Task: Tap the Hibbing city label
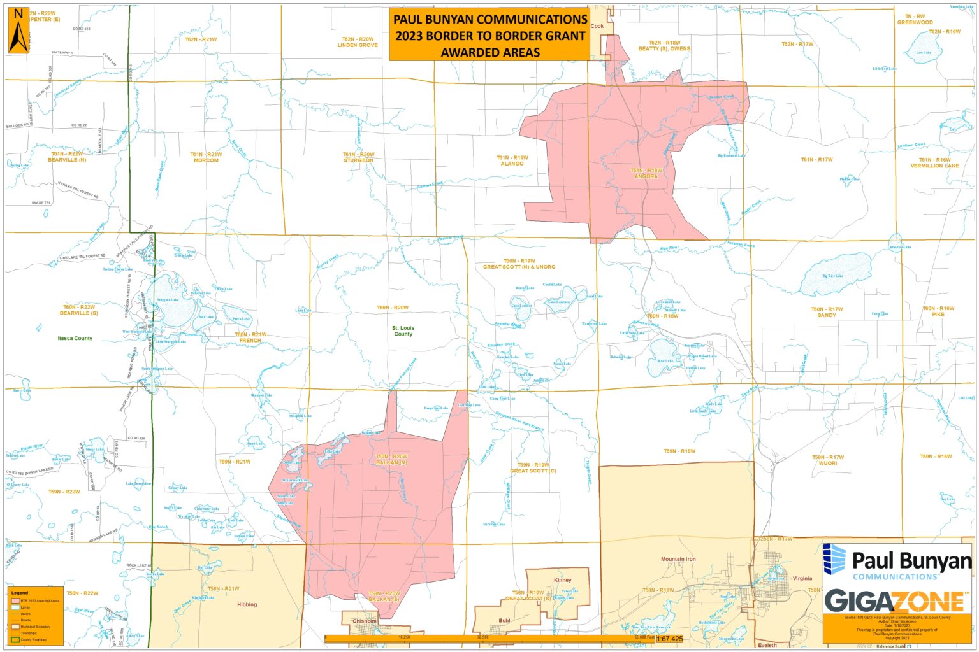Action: (x=247, y=604)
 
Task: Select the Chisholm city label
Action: (x=365, y=621)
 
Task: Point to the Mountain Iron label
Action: (x=678, y=559)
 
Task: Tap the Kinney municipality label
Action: (x=563, y=580)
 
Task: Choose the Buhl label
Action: (x=504, y=620)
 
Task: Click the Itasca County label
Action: (x=75, y=338)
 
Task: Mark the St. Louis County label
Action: (x=403, y=331)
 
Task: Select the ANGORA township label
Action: (x=646, y=176)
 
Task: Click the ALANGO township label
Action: (x=512, y=164)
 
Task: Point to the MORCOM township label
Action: (x=206, y=160)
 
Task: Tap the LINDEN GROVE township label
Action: (x=358, y=45)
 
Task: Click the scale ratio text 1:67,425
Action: (x=669, y=638)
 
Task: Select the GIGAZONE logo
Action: (x=894, y=600)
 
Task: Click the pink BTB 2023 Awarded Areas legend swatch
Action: (x=15, y=600)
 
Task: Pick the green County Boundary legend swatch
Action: (x=15, y=639)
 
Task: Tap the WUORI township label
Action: (x=828, y=463)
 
